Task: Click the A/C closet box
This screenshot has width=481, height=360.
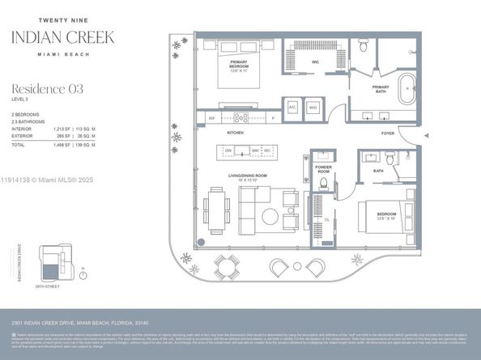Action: coord(292,107)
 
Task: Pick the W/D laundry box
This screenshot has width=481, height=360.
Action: coord(313,107)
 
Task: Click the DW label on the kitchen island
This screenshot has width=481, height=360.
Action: coord(229,150)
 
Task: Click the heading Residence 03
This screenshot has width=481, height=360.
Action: coord(46,88)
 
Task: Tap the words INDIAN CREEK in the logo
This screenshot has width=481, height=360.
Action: coord(62,36)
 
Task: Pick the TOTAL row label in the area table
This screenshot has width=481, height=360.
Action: coord(18,144)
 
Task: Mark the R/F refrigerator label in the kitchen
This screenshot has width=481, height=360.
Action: coord(211,118)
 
